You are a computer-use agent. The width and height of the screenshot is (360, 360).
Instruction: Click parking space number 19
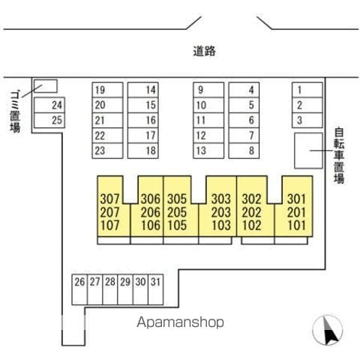(x=107, y=90)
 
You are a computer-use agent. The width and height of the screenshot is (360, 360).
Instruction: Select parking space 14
(x=143, y=90)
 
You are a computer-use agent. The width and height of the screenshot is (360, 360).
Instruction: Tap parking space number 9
(x=208, y=90)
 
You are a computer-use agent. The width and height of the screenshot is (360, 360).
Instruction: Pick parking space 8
(x=244, y=151)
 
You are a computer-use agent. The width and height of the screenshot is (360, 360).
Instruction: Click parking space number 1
(x=307, y=90)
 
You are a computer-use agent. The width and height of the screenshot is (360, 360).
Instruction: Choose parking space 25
(x=49, y=120)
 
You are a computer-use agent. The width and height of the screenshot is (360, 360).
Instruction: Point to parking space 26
(x=79, y=289)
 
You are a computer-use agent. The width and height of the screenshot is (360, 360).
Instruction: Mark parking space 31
(x=155, y=289)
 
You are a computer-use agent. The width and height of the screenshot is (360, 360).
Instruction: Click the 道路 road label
(x=204, y=51)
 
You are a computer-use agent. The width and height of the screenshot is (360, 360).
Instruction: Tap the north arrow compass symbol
(x=328, y=330)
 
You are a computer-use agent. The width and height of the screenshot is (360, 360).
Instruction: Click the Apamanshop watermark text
(x=180, y=322)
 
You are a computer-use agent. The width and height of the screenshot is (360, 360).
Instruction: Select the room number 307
(x=110, y=199)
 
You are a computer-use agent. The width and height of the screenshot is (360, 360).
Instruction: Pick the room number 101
(x=296, y=226)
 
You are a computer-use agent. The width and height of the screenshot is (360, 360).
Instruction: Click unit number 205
(x=177, y=212)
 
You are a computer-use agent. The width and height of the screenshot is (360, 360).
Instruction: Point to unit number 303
(x=221, y=199)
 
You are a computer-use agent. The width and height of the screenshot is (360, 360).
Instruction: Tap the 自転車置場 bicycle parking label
(x=339, y=156)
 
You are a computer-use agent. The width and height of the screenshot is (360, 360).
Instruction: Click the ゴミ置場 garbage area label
(x=15, y=112)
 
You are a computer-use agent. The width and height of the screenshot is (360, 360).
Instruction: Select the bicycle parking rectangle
(x=308, y=151)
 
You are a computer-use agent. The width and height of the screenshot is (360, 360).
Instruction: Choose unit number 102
(x=252, y=226)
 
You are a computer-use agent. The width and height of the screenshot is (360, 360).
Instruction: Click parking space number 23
(x=107, y=151)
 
